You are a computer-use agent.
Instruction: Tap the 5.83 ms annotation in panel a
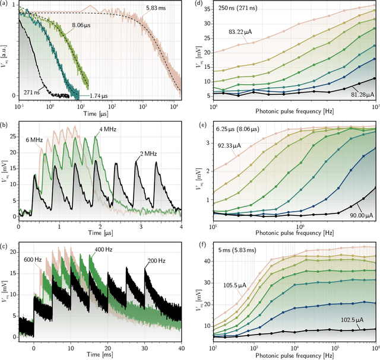[157, 9]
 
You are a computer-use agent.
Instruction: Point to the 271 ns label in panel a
[33, 92]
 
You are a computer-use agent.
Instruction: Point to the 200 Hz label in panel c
[156, 260]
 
